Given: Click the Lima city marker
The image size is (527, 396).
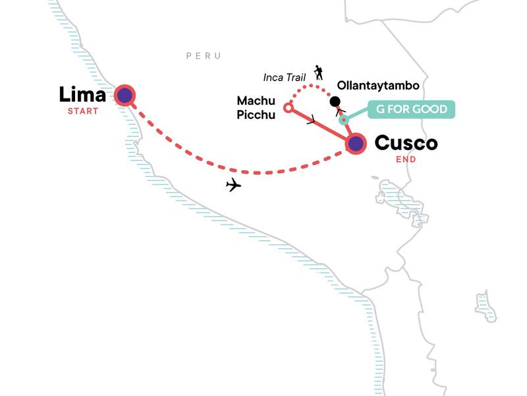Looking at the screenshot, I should (125, 96).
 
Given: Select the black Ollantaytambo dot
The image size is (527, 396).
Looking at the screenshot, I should (335, 102).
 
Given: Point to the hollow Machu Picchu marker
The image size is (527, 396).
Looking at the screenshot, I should (287, 107).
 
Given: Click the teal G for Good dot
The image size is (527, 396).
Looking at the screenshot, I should (343, 120).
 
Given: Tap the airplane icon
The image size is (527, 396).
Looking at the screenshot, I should (233, 185).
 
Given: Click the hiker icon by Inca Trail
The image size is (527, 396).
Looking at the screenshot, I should (319, 72).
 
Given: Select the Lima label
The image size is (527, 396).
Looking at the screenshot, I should (82, 95).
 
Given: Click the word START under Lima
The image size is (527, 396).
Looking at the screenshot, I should (82, 111).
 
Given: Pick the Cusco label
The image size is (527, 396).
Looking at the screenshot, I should (406, 143).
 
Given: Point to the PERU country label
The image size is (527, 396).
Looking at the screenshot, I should (203, 56).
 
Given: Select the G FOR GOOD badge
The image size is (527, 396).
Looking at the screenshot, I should (412, 109).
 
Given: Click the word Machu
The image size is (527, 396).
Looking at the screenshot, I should (256, 100).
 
